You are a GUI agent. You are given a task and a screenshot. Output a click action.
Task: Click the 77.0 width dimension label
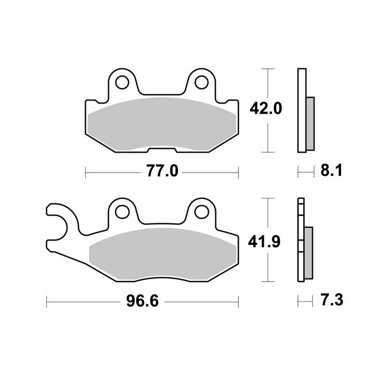coord(163,171)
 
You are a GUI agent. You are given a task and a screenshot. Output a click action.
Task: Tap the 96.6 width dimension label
coord(142,301)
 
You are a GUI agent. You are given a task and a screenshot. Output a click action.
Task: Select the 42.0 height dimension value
coord(266,108)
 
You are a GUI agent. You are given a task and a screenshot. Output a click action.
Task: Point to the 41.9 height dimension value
coord(264,242)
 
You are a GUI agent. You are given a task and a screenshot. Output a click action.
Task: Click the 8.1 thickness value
coord(332,171)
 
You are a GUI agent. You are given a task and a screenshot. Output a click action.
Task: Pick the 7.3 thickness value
coord(332,300)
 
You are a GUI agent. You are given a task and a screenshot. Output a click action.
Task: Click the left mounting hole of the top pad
coord(122,83)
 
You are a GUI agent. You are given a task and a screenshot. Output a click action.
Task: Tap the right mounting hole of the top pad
coord(202,83)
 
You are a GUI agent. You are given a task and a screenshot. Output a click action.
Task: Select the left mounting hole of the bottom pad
coord(122,212)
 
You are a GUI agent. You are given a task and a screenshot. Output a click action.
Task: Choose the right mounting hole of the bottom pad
coord(202,212)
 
